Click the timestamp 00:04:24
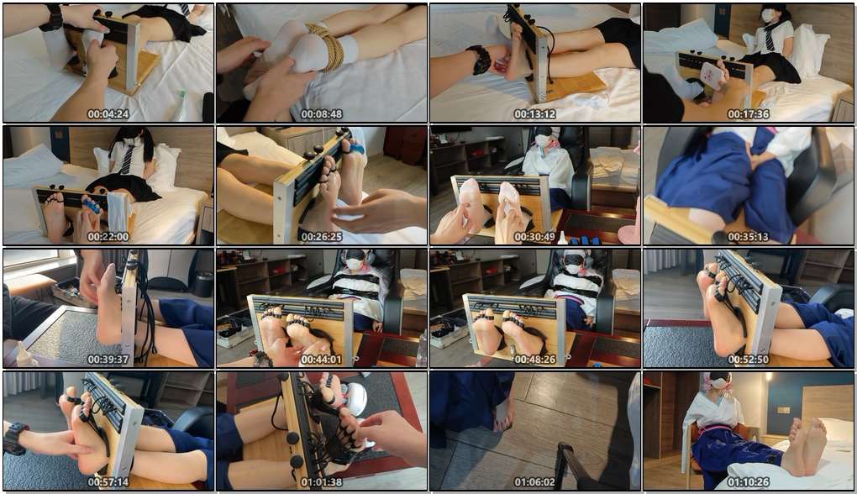click(x=108, y=114)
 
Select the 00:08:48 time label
click(x=321, y=114)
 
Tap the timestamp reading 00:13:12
click(x=535, y=114)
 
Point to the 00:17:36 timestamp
click(x=749, y=114)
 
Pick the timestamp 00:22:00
click(x=108, y=237)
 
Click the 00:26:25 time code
click(x=321, y=237)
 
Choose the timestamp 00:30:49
click(x=535, y=237)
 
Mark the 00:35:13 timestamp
click(x=749, y=237)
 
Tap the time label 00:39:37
click(x=108, y=360)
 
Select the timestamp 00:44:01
click(x=321, y=360)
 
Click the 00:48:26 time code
click(x=535, y=360)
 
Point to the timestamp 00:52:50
click(x=749, y=360)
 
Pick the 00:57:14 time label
click(x=108, y=482)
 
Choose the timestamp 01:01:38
click(x=321, y=482)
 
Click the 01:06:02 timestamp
click(x=535, y=482)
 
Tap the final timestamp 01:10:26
click(x=749, y=482)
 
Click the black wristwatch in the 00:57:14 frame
click(x=15, y=439)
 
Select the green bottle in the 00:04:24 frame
click(x=181, y=106)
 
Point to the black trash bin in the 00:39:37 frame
click(x=203, y=284)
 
